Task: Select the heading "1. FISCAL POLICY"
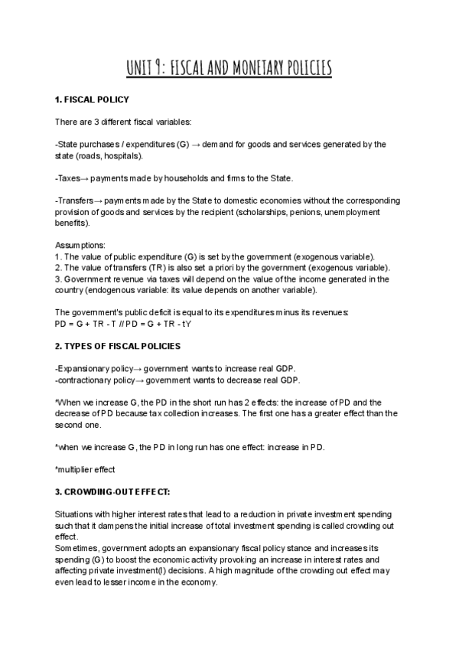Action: click(x=92, y=100)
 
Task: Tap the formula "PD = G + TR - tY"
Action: click(x=158, y=324)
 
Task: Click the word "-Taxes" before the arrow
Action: click(x=68, y=178)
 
